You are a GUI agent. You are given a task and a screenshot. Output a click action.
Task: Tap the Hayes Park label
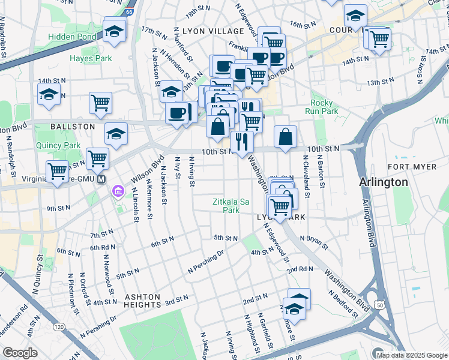91,58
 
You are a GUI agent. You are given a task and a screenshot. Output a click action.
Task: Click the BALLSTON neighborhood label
73,127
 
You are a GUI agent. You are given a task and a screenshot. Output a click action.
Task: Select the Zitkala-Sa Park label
231,206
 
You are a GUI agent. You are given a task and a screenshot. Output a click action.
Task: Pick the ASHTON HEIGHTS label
142,301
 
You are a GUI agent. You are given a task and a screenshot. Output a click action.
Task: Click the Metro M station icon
101,179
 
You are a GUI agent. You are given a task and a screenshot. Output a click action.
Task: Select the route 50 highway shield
380,306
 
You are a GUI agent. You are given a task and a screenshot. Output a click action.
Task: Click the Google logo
20,353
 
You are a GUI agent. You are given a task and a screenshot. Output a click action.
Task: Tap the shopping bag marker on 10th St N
286,136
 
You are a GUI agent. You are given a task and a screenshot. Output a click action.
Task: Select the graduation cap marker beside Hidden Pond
114,31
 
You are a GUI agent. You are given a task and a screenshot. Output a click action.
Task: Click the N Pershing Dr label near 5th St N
205,262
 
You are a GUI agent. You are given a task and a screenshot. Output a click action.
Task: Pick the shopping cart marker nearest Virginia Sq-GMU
58,171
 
